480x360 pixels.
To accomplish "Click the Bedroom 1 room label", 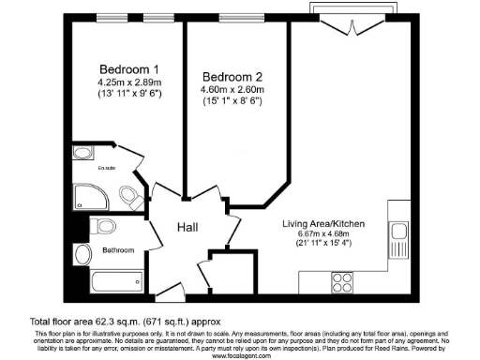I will point(129,69).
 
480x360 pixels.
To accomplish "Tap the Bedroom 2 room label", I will point(230,77).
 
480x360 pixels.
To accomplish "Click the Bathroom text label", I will point(119,250).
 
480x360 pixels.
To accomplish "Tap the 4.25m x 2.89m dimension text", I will point(129,82).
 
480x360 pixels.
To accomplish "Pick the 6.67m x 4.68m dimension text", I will point(323,235).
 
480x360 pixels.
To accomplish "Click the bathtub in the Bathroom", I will point(117,280).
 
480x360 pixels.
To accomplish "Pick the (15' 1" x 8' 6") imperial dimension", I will point(230,101).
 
